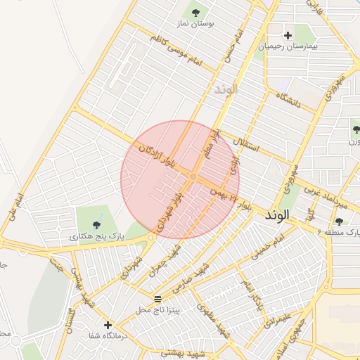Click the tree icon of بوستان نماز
[x=195, y=12]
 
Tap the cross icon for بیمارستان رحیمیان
[x=288, y=35]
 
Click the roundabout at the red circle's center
[x=192, y=176]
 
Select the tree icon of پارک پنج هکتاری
[x=96, y=226]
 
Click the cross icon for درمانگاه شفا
[x=108, y=325]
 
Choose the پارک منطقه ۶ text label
[x=337, y=231]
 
